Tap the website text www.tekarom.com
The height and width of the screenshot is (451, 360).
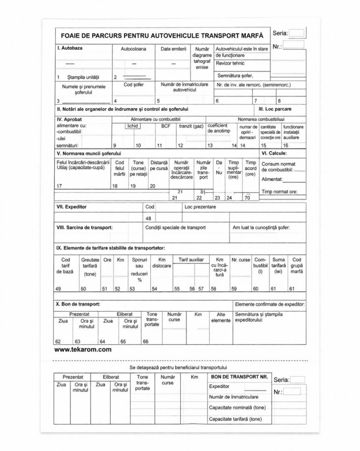[83, 350]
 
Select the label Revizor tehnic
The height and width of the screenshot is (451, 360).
[230, 63]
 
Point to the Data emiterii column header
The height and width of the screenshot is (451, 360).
[174, 49]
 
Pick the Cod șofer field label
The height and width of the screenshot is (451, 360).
[133, 85]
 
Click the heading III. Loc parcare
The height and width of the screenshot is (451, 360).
[275, 109]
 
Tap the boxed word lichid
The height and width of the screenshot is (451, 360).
[133, 126]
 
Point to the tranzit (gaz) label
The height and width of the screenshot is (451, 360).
[191, 126]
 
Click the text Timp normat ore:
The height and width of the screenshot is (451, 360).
[279, 192]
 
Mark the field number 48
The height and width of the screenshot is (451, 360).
[149, 218]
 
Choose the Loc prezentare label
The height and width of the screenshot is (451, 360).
[200, 207]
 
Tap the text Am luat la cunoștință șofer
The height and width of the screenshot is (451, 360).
[261, 228]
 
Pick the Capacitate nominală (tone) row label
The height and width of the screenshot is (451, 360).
[237, 408]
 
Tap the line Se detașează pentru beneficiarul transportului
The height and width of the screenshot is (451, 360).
[179, 367]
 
